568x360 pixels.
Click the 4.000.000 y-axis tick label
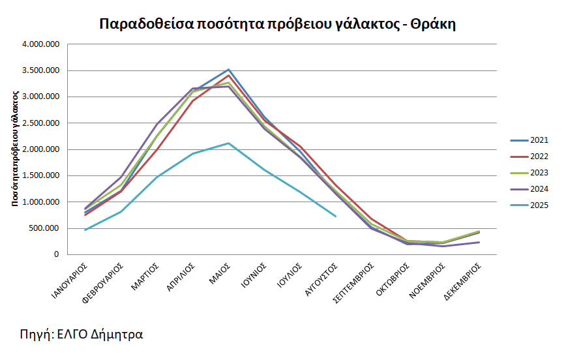(40, 44)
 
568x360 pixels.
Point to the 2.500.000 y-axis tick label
(40, 123)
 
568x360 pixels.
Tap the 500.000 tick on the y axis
(44, 228)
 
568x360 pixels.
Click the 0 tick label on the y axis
(57, 254)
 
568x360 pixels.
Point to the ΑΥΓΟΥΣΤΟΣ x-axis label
(324, 281)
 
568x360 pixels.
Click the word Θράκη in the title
(436, 24)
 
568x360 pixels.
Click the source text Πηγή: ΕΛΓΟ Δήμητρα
(82, 335)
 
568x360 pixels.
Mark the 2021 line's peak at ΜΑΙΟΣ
(228, 69)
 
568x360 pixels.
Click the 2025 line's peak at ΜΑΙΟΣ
(228, 143)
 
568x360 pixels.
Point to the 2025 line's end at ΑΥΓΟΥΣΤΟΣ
(335, 216)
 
